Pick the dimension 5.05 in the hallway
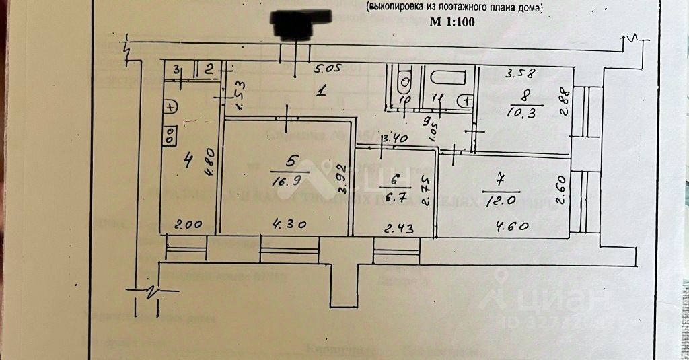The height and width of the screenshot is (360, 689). (x=330, y=69)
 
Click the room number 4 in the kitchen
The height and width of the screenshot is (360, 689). (x=187, y=160)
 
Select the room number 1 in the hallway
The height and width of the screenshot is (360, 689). (x=322, y=94)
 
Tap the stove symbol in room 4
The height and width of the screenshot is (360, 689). (x=170, y=135)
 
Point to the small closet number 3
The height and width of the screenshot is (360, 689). (x=176, y=69)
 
